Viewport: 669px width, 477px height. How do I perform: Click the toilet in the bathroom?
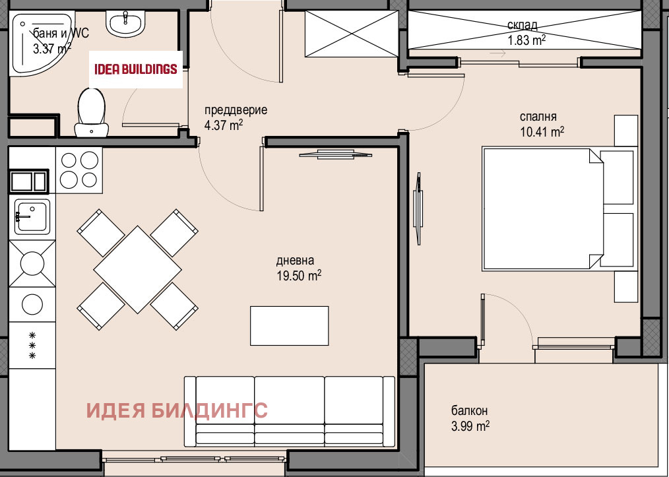point(92,113)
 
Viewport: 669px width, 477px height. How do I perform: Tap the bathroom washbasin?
point(126,24)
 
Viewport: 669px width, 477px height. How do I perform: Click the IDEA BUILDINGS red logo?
point(136,69)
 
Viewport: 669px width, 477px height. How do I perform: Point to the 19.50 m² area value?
point(299,275)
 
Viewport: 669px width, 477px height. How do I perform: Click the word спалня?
point(538,117)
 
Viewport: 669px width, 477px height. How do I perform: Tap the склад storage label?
point(523,25)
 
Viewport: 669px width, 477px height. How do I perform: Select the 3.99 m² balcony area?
point(470,426)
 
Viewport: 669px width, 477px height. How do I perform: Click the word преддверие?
point(236,110)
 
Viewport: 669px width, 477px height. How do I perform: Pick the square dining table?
point(137,270)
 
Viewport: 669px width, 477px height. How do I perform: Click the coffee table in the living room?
point(289,326)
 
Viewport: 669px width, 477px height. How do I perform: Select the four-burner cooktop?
point(79,170)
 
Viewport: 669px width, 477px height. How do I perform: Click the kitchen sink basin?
point(32,216)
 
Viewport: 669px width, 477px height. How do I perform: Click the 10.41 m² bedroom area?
point(542,132)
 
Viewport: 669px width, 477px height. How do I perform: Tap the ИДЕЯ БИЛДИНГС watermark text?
point(177,410)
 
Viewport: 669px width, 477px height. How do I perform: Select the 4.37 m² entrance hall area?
point(224,125)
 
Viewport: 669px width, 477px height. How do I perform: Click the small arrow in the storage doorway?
point(497,53)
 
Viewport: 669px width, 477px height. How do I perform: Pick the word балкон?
point(469,411)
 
